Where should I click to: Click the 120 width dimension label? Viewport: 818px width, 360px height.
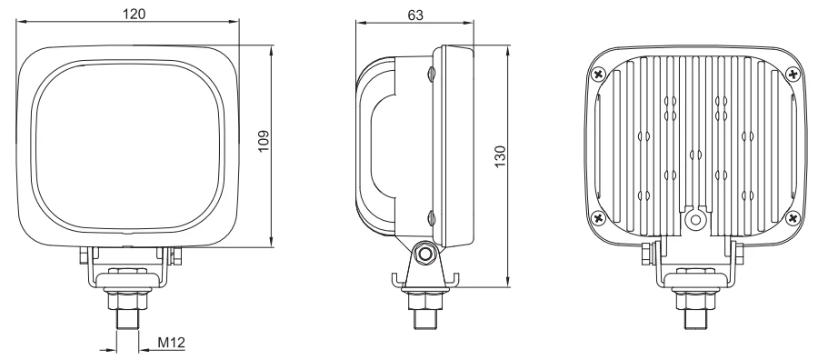coord(135,14)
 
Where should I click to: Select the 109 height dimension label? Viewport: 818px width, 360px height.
coord(264,141)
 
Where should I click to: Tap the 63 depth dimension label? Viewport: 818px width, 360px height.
coord(415,15)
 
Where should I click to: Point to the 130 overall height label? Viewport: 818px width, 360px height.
coord(500,156)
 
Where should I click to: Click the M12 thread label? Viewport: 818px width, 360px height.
coord(171,343)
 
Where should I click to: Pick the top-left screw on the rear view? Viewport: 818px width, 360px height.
coord(598,74)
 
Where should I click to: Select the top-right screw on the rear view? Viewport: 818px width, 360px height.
coord(793,75)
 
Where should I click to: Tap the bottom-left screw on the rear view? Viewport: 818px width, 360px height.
coord(598,217)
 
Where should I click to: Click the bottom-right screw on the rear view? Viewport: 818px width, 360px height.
coord(793,217)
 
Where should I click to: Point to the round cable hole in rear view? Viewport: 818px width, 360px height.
coord(695,220)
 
